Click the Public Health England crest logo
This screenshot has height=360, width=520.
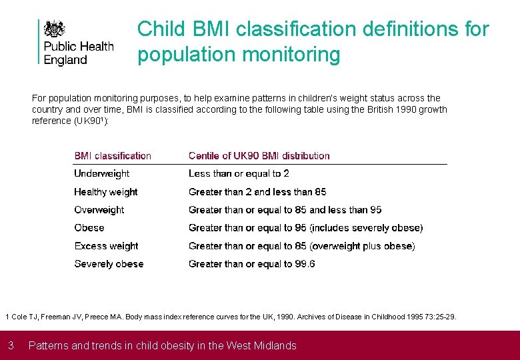[x=54, y=29]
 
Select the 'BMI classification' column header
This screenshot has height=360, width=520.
[x=113, y=156]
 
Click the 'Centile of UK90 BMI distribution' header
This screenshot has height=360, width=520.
[x=259, y=156]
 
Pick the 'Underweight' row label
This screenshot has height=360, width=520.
[x=101, y=174]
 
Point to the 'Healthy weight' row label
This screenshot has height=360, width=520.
[x=105, y=192]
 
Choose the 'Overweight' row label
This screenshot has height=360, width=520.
[x=99, y=210]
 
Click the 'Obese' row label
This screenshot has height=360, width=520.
[x=89, y=228]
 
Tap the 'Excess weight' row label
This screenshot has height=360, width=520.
[x=106, y=246]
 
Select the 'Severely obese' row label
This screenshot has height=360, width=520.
[x=109, y=264]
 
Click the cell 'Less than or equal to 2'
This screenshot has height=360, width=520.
[x=239, y=174]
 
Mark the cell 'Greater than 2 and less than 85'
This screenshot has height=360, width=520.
[x=257, y=192]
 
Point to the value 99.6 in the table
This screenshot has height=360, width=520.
[x=305, y=264]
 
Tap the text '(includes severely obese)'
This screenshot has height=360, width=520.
[x=366, y=228]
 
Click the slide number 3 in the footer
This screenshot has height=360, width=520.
[x=11, y=345]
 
